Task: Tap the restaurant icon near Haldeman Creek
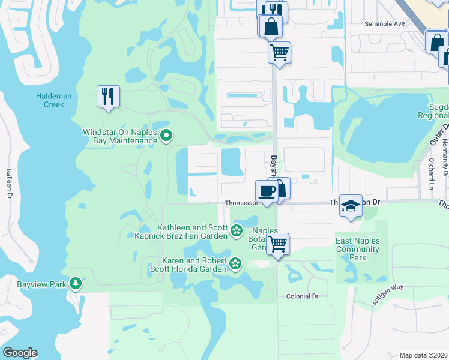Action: [x=108, y=97]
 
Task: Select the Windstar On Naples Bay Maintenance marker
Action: [x=167, y=136]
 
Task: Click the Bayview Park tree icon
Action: [x=75, y=283]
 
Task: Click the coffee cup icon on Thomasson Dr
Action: [x=267, y=192]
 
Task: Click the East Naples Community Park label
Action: [x=358, y=249]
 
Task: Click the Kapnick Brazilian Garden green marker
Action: [x=237, y=229]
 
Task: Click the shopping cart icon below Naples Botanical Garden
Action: [x=277, y=244]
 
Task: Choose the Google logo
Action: [x=20, y=353]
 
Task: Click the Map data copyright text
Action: [x=423, y=355]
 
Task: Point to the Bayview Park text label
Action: [x=33, y=284]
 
